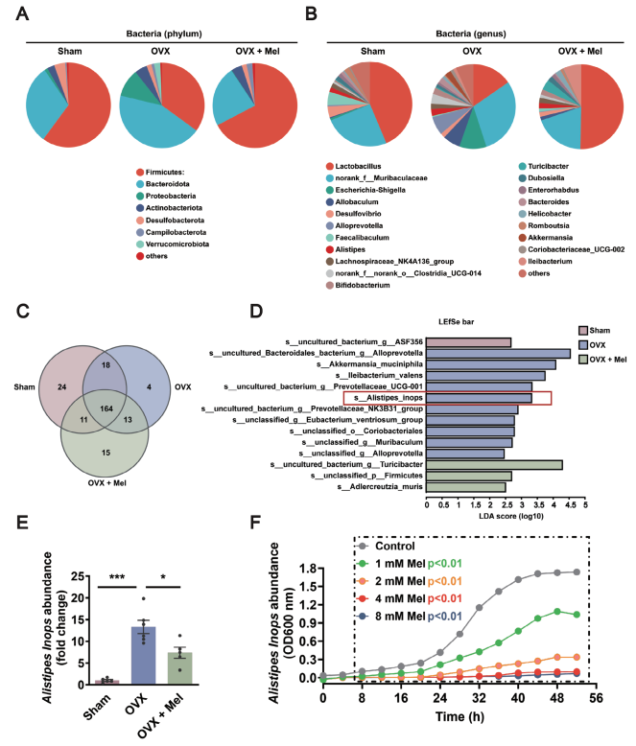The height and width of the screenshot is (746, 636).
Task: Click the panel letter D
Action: tap(256, 312)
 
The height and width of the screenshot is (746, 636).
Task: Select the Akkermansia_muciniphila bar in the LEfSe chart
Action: tap(491, 364)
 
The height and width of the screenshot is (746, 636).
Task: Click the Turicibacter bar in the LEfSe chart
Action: tap(494, 464)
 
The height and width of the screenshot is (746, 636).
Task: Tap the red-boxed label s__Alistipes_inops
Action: tap(389, 398)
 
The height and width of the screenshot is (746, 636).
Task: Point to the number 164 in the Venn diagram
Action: tap(106, 408)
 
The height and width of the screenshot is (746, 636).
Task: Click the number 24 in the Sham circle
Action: tap(62, 386)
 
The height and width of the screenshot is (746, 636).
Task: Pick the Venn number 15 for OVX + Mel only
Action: tap(106, 453)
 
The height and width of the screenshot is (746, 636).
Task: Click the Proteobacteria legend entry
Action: tap(166, 196)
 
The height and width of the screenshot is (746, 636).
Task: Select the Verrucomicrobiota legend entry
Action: tap(173, 245)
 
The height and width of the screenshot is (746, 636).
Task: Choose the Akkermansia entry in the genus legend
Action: tap(546, 238)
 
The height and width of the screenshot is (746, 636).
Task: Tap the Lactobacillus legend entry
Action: tap(353, 166)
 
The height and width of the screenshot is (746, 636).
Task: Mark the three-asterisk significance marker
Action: tap(117, 577)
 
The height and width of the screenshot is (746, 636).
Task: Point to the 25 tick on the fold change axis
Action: tap(77, 576)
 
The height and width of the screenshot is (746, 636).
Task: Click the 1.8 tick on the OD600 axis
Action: tap(309, 568)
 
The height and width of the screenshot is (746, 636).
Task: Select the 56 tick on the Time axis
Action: tap(596, 698)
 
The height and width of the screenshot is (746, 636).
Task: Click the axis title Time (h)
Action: tap(459, 716)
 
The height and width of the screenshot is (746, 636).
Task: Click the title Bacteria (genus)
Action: tap(471, 34)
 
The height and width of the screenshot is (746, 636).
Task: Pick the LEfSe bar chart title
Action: tap(456, 321)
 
